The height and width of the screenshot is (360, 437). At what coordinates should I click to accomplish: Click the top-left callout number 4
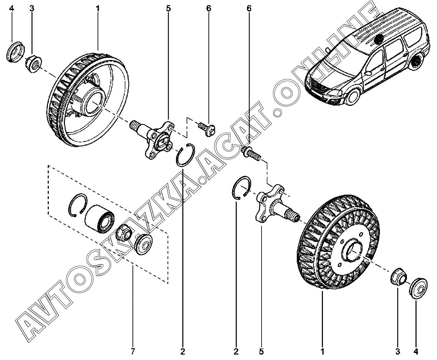click(x=11, y=8)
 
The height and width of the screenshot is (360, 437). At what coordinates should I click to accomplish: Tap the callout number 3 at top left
click(x=32, y=8)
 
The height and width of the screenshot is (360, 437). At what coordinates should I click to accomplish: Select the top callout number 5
click(x=168, y=8)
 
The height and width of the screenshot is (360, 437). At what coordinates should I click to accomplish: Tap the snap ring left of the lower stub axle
click(x=240, y=187)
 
